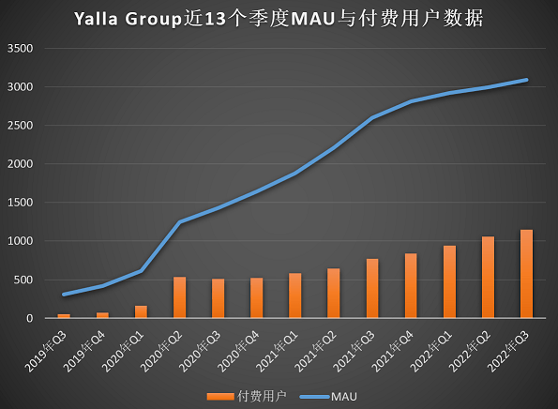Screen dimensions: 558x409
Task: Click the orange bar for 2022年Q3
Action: pyautogui.click(x=526, y=274)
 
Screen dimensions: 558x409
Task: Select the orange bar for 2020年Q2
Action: pyautogui.click(x=179, y=297)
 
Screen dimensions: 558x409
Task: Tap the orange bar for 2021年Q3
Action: pyautogui.click(x=372, y=288)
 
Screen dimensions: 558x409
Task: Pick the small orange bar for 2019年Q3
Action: pyautogui.click(x=64, y=316)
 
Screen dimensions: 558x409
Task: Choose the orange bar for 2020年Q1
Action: pyautogui.click(x=141, y=311)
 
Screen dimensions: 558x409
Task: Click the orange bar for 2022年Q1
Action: pyautogui.click(x=449, y=282)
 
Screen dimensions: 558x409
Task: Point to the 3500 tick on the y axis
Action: pyautogui.click(x=21, y=49)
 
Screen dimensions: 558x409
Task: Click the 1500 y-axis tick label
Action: pyautogui.click(x=21, y=203)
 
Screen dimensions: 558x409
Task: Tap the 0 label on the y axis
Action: pyautogui.click(x=29, y=318)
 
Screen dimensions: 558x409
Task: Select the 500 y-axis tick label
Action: pyautogui.click(x=23, y=280)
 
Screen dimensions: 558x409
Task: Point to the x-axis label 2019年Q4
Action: pyautogui.click(x=84, y=352)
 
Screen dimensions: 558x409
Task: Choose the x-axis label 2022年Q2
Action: pyautogui.click(x=470, y=352)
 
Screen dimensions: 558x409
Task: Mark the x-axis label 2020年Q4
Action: pyautogui.click(x=238, y=352)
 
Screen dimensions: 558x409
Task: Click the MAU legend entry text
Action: pyautogui.click(x=344, y=397)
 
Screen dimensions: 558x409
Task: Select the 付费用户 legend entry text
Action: pyautogui.click(x=262, y=396)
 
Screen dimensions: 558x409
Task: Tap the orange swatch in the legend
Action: pyautogui.click(x=220, y=397)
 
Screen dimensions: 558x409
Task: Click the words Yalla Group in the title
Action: pyautogui.click(x=128, y=19)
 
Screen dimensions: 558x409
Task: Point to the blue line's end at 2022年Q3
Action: pyautogui.click(x=527, y=80)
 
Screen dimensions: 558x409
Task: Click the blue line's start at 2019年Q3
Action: pyautogui.click(x=64, y=295)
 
